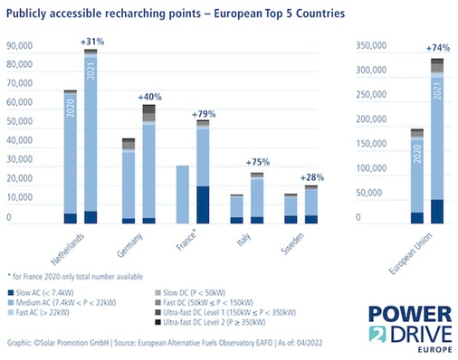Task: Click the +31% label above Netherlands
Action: [93, 42]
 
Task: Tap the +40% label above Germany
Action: [150, 96]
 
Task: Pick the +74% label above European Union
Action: [437, 48]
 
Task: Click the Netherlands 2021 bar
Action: [91, 136]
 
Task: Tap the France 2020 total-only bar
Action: [183, 194]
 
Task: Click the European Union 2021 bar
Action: [437, 145]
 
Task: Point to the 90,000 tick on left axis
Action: [22, 45]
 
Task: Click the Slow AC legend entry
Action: [45, 292]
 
